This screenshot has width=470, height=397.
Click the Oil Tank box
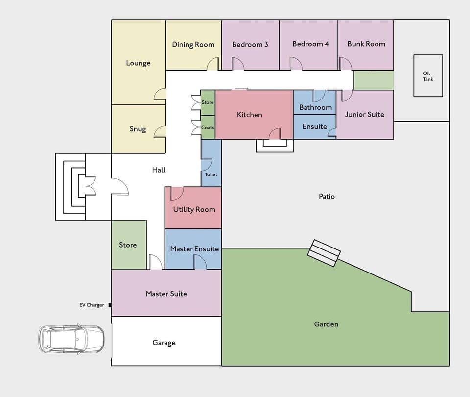[x=428, y=75]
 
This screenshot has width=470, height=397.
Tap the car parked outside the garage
[x=71, y=338]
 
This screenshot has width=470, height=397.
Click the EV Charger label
[x=92, y=305]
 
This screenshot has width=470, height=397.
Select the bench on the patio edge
[x=324, y=253]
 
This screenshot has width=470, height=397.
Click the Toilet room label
[x=211, y=174]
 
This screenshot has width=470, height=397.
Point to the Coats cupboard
[x=208, y=127]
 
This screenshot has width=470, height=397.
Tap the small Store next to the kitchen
[x=208, y=102]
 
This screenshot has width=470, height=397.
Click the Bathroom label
[x=315, y=107]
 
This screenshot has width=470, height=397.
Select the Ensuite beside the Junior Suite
[x=314, y=126]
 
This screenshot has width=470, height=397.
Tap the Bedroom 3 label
[x=250, y=44]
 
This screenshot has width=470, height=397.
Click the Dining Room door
[x=213, y=64]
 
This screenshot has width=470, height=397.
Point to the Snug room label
[x=138, y=129]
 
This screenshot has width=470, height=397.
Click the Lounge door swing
[x=161, y=95]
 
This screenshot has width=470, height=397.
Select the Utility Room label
[x=194, y=209]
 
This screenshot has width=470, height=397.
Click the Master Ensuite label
[x=194, y=249]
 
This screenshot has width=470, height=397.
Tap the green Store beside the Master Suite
[x=128, y=245]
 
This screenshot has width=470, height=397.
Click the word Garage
[x=164, y=343]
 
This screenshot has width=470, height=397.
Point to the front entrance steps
[x=71, y=187]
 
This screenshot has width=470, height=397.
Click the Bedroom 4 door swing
[x=296, y=64]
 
